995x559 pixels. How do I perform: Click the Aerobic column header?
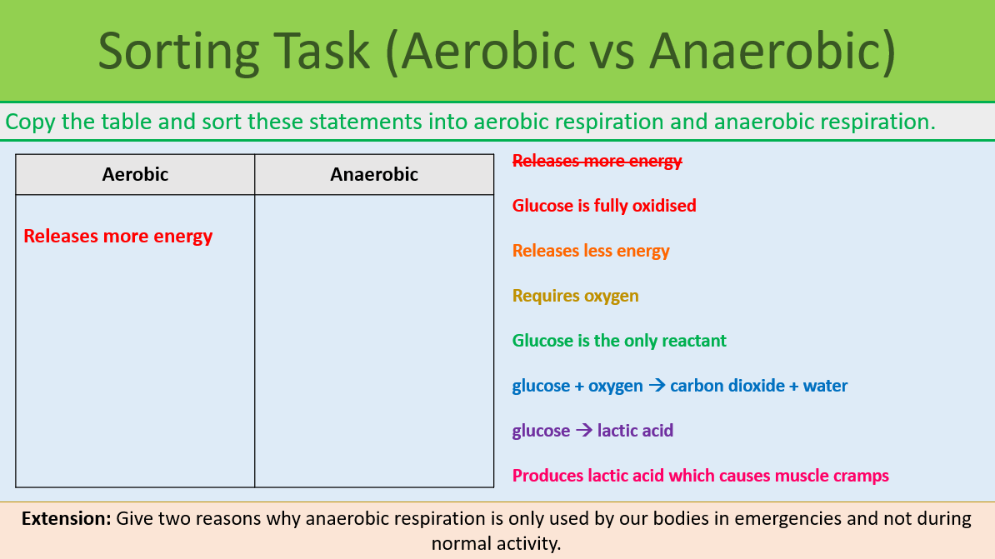[x=135, y=174]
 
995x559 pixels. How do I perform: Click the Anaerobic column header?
[x=374, y=174]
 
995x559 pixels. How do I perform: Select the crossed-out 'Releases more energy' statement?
[x=597, y=161]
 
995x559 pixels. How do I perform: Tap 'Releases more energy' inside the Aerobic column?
[x=118, y=237]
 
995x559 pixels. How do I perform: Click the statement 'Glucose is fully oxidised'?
[x=604, y=206]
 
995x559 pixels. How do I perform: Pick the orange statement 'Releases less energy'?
[x=591, y=251]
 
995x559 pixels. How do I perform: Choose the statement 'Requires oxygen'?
[x=576, y=296]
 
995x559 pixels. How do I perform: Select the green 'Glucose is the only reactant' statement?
[x=619, y=341]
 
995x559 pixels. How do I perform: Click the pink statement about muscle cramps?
[x=700, y=476]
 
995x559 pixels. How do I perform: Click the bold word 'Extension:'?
[x=66, y=518]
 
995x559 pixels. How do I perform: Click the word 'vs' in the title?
[x=609, y=51]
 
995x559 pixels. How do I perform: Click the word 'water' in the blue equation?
[x=825, y=386]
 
